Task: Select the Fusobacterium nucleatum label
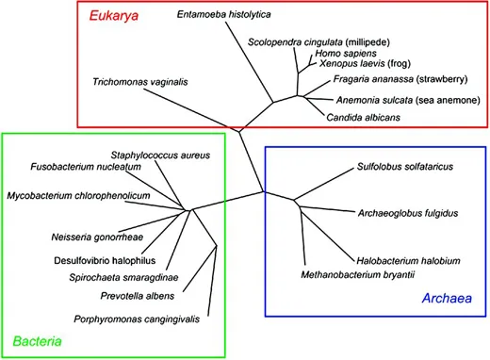point(98,167)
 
